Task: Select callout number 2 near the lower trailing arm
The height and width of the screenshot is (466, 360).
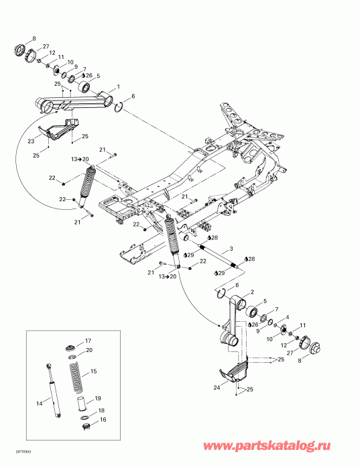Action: click(x=251, y=292)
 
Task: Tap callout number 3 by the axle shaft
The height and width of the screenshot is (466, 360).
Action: click(x=231, y=249)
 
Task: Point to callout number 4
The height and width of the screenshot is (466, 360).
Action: click(x=287, y=317)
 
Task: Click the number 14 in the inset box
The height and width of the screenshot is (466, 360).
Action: click(x=40, y=402)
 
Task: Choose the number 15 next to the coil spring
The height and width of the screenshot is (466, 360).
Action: click(x=94, y=371)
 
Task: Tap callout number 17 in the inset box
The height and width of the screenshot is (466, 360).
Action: click(x=87, y=341)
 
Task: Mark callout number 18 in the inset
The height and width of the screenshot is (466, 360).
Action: click(x=101, y=410)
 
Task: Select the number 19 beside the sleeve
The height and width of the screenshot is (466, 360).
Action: click(x=97, y=398)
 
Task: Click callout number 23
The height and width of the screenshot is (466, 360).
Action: click(x=31, y=141)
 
